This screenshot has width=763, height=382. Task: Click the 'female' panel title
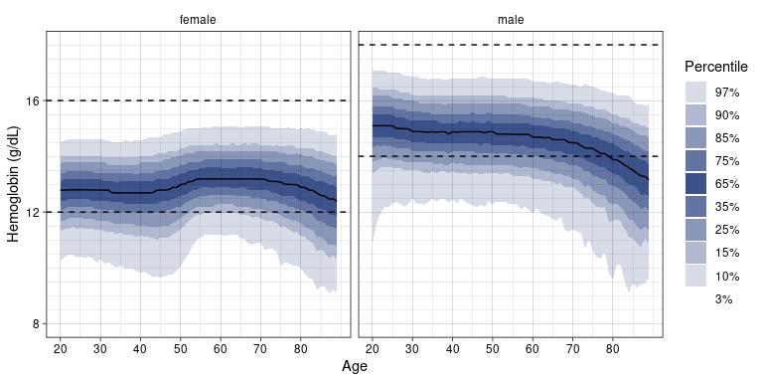pos(198,20)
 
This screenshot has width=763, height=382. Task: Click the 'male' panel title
pos(511,20)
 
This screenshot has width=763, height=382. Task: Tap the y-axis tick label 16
pos(34,100)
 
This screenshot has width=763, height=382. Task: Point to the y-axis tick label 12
pos(34,213)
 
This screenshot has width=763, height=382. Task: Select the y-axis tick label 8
pos(37,324)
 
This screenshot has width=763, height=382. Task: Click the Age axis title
pos(355,366)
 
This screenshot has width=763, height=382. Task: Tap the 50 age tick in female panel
pos(180,349)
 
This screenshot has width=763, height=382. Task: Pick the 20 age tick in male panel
pos(373,349)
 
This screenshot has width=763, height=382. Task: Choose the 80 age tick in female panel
pos(300,349)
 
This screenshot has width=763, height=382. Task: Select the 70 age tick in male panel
pos(572,349)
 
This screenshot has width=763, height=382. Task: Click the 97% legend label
pos(727,93)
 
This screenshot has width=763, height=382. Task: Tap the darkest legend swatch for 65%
pos(695,184)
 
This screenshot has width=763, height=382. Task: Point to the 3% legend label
pos(723,299)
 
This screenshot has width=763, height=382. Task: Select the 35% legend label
pos(727,207)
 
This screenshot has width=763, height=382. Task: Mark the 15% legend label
pos(727,253)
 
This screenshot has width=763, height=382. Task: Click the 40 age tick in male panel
pos(453,349)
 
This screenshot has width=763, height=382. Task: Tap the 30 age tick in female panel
pos(100,349)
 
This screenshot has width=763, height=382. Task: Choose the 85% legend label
pos(727,138)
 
